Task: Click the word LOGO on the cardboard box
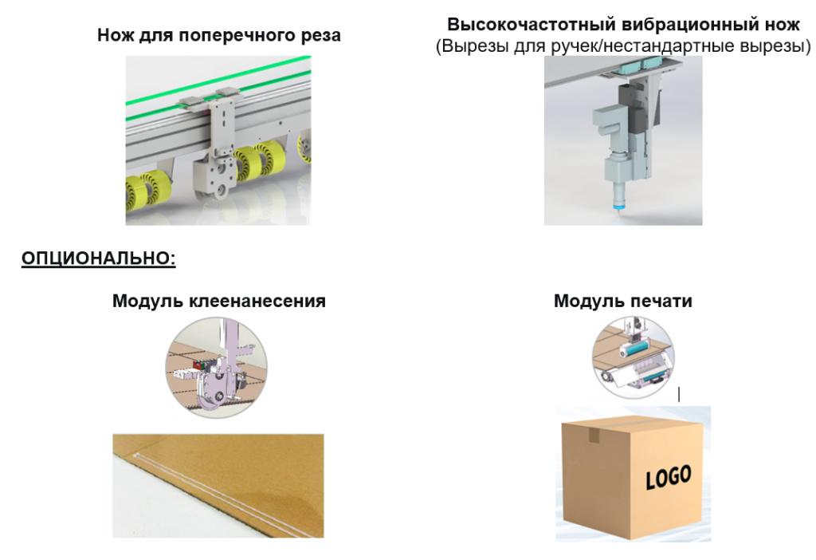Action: coord(669,477)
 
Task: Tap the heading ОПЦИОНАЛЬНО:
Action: coord(98,258)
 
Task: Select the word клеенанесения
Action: coord(257,301)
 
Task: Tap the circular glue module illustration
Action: coord(217,368)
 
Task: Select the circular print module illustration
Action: coord(633,357)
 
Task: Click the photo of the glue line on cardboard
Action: coord(218,486)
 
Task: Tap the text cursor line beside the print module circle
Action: coord(679,394)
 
